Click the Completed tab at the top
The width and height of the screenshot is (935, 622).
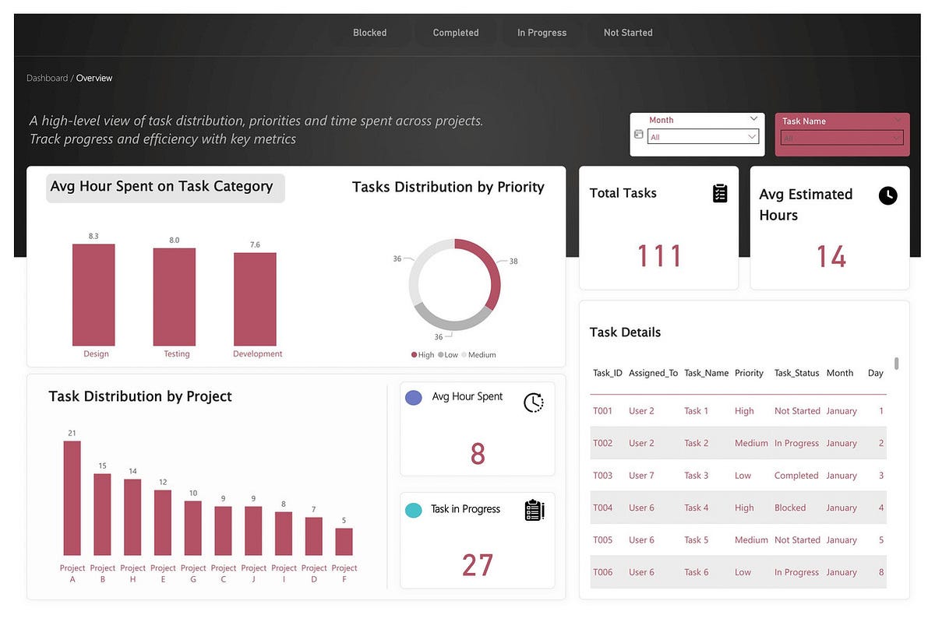pyautogui.click(x=456, y=33)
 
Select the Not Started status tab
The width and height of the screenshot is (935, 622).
pyautogui.click(x=628, y=33)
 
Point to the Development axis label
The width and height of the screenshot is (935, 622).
pyautogui.click(x=257, y=354)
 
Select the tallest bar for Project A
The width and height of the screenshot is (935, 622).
pyautogui.click(x=72, y=497)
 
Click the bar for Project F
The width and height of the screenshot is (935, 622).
pyautogui.click(x=344, y=541)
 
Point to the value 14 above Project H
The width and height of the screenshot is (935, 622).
pyautogui.click(x=132, y=471)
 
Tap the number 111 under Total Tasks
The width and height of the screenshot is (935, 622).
pyautogui.click(x=659, y=256)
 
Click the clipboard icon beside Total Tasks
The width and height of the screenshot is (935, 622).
pyautogui.click(x=720, y=194)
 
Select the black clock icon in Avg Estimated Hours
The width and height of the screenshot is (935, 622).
pyautogui.click(x=887, y=195)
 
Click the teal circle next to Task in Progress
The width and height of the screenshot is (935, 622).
pyautogui.click(x=415, y=510)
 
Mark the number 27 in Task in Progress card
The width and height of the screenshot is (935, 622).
pyautogui.click(x=477, y=565)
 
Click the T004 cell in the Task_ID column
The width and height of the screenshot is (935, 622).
pyautogui.click(x=602, y=508)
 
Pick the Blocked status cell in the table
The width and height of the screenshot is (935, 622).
pyautogui.click(x=789, y=508)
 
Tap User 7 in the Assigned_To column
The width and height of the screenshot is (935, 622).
pyautogui.click(x=641, y=476)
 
